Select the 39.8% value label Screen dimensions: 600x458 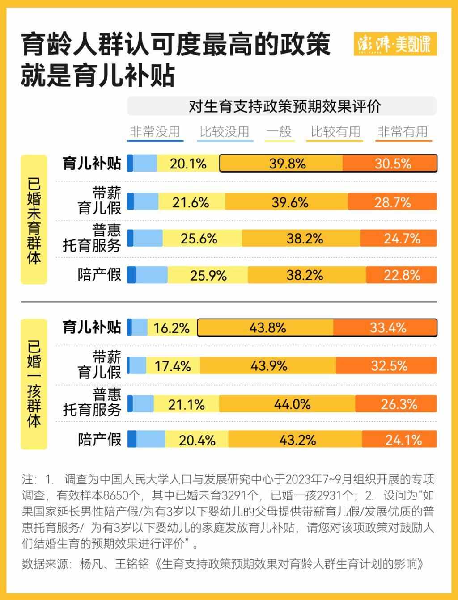pyautogui.click(x=287, y=164)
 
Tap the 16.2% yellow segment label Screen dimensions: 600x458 pyautogui.click(x=171, y=328)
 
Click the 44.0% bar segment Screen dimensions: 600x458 pyautogui.click(x=292, y=404)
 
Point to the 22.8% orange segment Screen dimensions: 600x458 pyautogui.click(x=401, y=275)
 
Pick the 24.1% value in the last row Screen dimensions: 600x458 pyautogui.click(x=403, y=440)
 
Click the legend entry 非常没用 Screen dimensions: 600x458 pyautogui.click(x=155, y=132)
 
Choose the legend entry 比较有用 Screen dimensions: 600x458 pyautogui.click(x=335, y=132)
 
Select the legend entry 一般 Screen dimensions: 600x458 pyautogui.click(x=279, y=132)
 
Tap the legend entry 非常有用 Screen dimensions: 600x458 pyautogui.click(x=403, y=132)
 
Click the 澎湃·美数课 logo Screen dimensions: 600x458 pyautogui.click(x=394, y=45)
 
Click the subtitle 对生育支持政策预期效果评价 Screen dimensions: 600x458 pyautogui.click(x=285, y=107)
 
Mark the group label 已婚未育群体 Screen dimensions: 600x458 pyautogui.click(x=34, y=219)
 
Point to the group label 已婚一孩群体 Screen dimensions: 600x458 pyautogui.click(x=34, y=384)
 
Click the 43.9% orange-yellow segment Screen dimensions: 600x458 pyautogui.click(x=268, y=366)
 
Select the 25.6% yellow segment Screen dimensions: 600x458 pyautogui.click(x=199, y=239)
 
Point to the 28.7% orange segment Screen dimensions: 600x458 pyautogui.click(x=392, y=202)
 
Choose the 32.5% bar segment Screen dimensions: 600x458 pyautogui.click(x=389, y=366)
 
